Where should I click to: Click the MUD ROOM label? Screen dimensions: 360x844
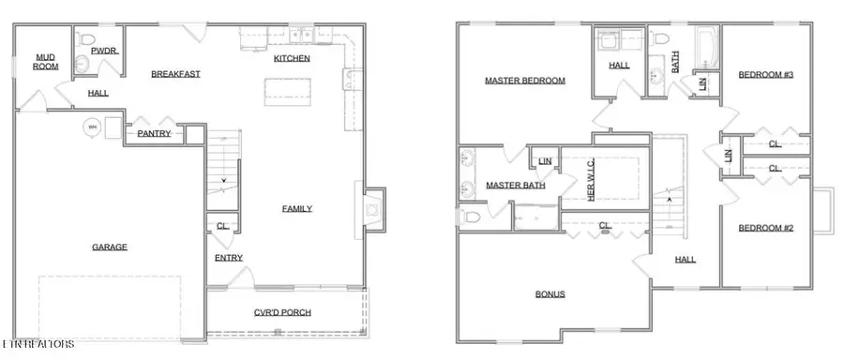(x=46, y=62)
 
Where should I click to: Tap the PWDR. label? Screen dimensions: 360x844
(x=103, y=52)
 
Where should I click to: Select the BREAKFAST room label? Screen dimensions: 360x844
(x=176, y=74)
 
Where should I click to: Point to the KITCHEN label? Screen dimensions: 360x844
(x=292, y=58)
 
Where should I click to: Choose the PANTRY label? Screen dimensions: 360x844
(x=153, y=133)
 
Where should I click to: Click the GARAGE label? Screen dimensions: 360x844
(x=109, y=247)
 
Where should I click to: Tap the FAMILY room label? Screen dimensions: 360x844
(x=297, y=208)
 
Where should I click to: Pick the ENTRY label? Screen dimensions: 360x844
(x=228, y=258)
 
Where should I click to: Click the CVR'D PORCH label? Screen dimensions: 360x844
(x=283, y=312)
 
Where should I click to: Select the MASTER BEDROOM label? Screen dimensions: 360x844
(x=525, y=81)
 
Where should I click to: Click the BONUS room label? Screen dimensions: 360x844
(x=550, y=293)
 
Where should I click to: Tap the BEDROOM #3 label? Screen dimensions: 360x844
(x=766, y=74)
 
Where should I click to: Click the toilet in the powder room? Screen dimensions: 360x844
(x=86, y=43)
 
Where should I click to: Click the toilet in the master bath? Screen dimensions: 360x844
(x=471, y=217)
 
